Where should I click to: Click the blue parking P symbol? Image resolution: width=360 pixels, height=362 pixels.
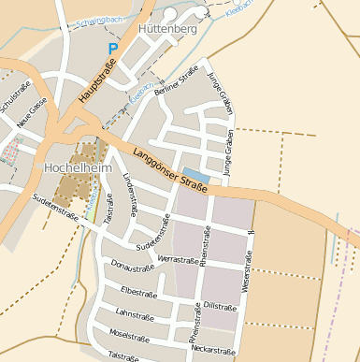[x=113, y=49]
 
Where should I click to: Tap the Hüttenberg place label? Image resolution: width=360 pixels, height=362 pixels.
[x=166, y=30]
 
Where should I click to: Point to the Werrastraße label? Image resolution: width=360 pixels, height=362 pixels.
[x=179, y=258]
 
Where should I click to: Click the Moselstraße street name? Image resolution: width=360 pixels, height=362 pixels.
[x=130, y=334]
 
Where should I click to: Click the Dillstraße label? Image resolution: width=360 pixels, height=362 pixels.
[x=217, y=306]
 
